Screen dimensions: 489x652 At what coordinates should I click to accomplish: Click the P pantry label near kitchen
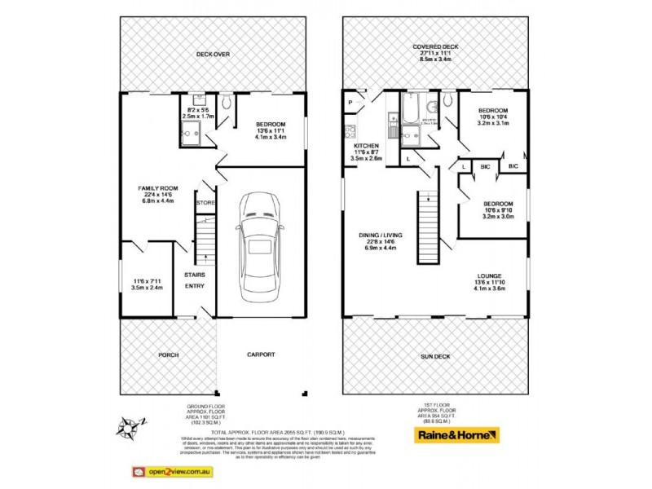click(x=350, y=103)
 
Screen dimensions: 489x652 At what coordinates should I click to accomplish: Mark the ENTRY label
click(x=195, y=286)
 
